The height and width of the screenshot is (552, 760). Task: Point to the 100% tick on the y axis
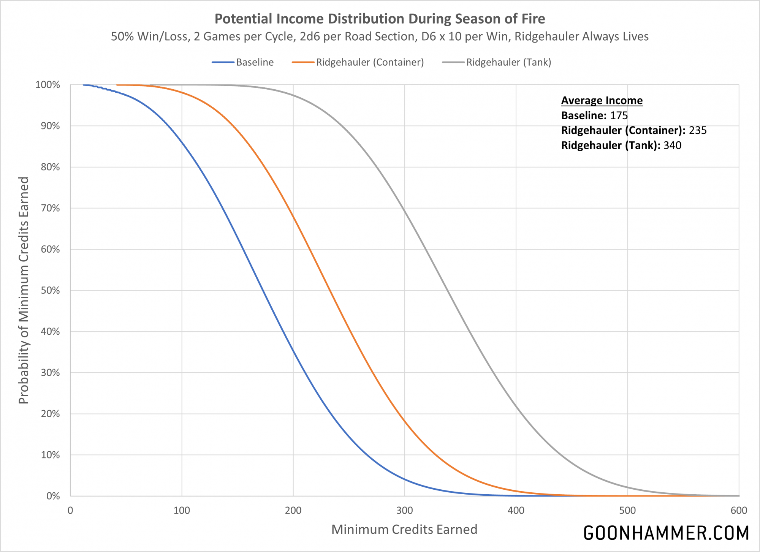48,85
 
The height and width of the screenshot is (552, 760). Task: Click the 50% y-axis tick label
50,290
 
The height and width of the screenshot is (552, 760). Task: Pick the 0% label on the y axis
53,496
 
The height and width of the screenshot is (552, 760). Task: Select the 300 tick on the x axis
404,510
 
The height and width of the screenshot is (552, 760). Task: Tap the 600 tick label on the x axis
738,510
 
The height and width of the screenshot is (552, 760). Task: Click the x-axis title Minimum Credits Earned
404,529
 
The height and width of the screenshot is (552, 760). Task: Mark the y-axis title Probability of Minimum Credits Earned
24,290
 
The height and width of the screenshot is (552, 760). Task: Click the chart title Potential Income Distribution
380,19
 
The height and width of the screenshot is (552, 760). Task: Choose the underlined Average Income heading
602,100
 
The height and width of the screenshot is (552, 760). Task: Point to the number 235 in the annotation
697,130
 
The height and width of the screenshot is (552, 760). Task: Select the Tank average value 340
672,145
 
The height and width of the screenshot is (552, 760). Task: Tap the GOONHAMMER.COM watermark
666,533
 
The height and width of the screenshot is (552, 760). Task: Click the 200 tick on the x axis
293,510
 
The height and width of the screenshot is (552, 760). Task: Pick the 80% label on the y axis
50,167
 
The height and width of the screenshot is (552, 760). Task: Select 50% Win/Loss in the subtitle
150,36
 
